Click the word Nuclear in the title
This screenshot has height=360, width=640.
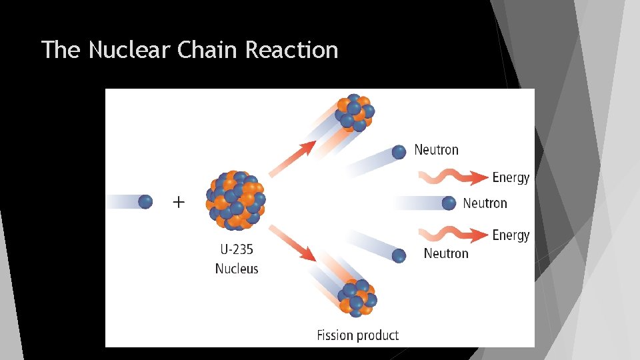coord(130,50)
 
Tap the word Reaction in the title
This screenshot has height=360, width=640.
coord(292,50)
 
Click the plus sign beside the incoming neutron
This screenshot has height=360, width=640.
coord(179,201)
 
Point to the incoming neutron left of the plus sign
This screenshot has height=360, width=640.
coord(145,201)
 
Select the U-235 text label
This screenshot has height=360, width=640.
coord(237,250)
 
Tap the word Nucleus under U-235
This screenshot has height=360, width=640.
coord(237,269)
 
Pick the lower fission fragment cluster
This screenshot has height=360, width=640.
coord(357,297)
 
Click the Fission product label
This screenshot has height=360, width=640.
coord(357,335)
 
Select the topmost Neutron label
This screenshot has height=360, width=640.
coord(436,150)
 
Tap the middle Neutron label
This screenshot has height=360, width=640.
coord(485,203)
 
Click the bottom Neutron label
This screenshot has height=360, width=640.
coord(446,253)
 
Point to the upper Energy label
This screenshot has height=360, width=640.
coord(511,177)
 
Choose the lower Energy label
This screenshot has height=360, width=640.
coord(511,235)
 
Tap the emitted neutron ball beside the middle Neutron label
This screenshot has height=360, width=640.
coord(449,203)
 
